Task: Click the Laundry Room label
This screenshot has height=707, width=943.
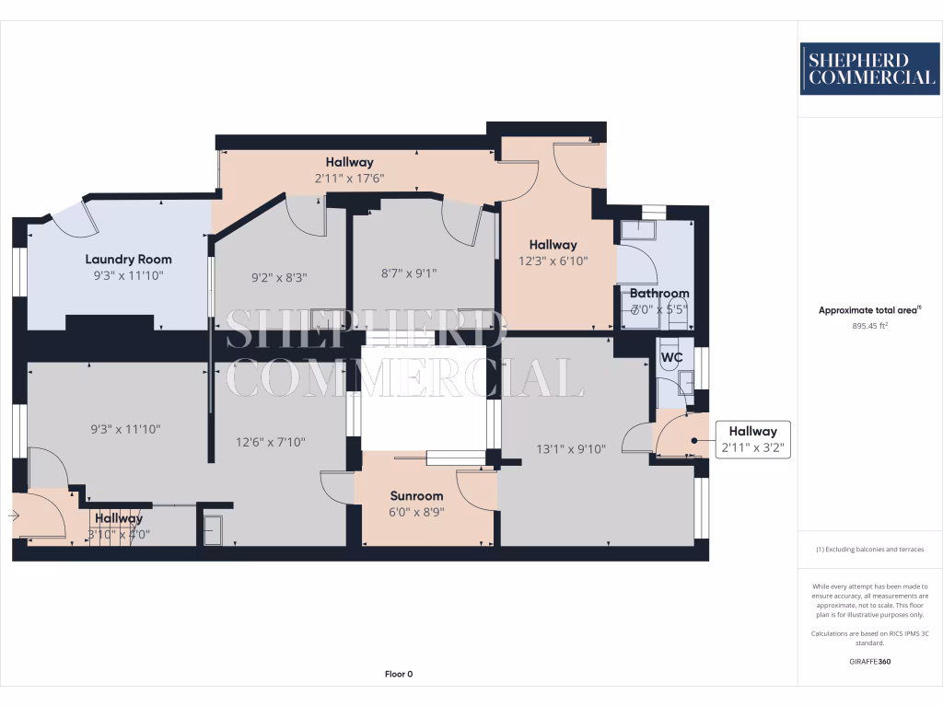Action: pos(129,260)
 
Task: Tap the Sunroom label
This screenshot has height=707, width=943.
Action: pos(415,496)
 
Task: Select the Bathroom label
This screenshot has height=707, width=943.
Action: pos(659,295)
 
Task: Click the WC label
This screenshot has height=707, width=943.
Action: pos(671,356)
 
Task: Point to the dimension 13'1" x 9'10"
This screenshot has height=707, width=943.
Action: pos(572,449)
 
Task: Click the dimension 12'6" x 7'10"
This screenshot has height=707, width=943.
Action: pos(271,442)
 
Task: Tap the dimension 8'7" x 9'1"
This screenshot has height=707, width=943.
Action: pos(408,272)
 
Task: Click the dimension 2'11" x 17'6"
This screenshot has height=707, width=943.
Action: pos(349,179)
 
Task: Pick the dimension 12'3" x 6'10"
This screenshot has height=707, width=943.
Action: pos(553,261)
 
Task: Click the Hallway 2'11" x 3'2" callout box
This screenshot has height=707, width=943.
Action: pos(752,440)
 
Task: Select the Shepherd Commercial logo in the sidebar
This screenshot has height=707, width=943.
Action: pos(869,69)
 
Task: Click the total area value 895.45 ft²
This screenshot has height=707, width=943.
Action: pos(869,326)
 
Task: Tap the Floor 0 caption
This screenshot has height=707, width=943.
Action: pos(399,674)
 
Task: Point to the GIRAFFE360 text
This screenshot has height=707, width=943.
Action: pos(869,661)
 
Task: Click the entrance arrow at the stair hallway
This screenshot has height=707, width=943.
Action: pos(14,516)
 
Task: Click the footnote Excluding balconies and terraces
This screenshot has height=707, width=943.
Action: pos(869,550)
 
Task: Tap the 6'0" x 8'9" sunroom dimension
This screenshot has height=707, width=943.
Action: pos(415,513)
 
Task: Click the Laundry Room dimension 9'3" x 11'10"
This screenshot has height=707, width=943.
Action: pos(129,274)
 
